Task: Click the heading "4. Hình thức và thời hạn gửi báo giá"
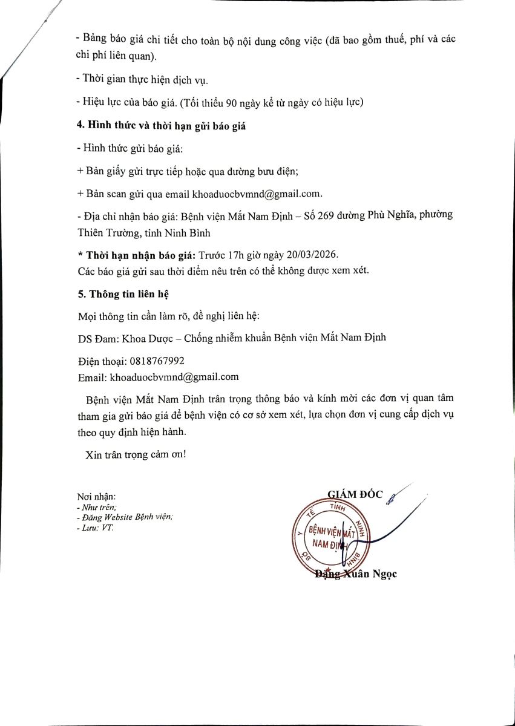tap(162, 127)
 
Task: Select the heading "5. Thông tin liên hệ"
tap(124, 294)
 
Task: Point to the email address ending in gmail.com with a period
tap(257, 194)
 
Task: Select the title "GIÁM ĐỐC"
tap(355, 494)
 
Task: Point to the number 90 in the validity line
tap(231, 103)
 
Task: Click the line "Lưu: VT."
tap(96, 528)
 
